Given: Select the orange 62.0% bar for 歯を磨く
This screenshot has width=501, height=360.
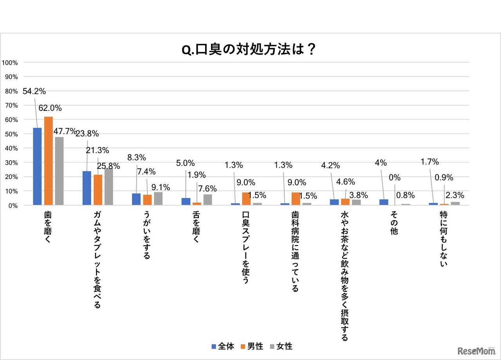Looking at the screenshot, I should (x=48, y=161).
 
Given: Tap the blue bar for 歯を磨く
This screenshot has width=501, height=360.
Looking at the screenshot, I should (x=37, y=166).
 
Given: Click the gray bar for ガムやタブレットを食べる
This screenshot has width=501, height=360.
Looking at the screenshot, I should (x=109, y=186).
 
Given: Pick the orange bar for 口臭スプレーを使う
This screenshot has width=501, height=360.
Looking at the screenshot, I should (x=246, y=199).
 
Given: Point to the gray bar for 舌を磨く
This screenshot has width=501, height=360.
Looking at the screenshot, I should (x=207, y=200).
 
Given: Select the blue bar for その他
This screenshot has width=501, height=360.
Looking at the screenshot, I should (x=384, y=202).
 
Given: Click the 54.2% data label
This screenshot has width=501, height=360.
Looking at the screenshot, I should (x=34, y=92).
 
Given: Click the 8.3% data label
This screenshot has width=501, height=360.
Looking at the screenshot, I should (x=137, y=157).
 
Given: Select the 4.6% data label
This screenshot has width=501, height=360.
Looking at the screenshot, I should (x=345, y=181).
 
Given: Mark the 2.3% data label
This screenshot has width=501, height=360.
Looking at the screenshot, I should (x=455, y=195).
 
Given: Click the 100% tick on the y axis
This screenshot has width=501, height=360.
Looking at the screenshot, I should (x=10, y=63).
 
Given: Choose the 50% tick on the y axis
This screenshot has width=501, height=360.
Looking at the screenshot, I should (x=11, y=134).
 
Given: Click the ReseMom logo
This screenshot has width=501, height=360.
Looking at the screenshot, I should (x=476, y=351).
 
